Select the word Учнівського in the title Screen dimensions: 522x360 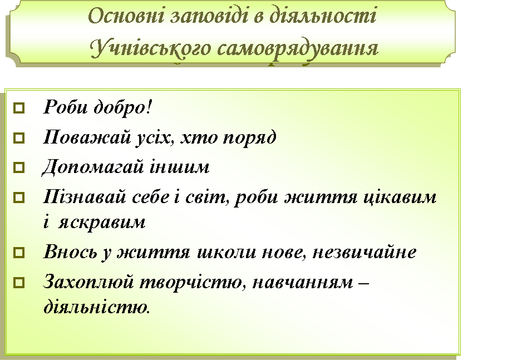(x=150, y=49)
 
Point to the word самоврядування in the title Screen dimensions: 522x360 (x=298, y=51)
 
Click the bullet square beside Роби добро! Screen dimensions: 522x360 (x=19, y=108)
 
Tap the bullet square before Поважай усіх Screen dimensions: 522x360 (x=19, y=138)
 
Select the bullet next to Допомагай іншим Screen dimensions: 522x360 (x=19, y=167)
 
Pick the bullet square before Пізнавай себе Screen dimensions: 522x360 (x=19, y=198)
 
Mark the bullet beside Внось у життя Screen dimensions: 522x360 (x=19, y=252)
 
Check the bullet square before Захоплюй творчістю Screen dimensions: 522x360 (x=19, y=283)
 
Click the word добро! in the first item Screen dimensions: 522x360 (x=122, y=107)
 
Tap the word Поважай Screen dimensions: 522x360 (x=87, y=136)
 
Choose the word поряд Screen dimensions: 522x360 (x=249, y=138)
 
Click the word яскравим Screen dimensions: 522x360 (x=102, y=223)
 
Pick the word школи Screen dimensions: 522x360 (x=226, y=252)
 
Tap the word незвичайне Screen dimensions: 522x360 (x=364, y=252)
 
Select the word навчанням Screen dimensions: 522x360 (x=303, y=283)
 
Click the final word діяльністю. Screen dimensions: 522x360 (x=96, y=306)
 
